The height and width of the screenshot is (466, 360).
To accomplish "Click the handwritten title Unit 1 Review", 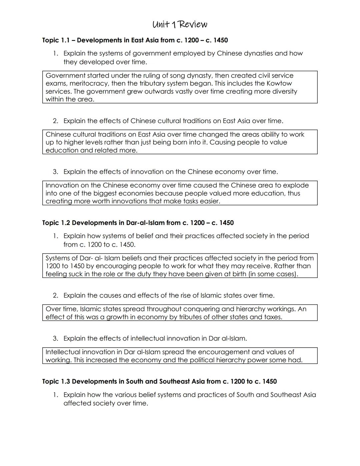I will pyautogui.click(x=180, y=25).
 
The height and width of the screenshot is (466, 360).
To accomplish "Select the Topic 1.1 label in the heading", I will pyautogui.click(x=56, y=40).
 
